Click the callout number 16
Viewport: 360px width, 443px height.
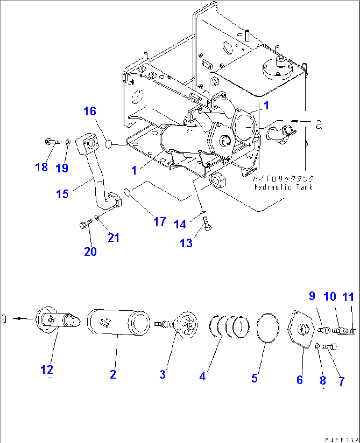click(x=90, y=111)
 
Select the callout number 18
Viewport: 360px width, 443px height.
click(x=42, y=167)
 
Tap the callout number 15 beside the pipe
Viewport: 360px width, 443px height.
click(x=62, y=194)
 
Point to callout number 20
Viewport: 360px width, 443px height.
click(x=90, y=251)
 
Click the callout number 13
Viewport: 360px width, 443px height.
click(x=186, y=243)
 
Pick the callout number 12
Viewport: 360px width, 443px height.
click(x=47, y=369)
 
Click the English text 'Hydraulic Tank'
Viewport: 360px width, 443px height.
click(x=283, y=187)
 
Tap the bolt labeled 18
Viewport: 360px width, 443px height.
click(x=53, y=142)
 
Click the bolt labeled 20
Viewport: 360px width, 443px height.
click(x=85, y=225)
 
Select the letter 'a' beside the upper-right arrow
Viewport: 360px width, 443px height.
click(x=318, y=124)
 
